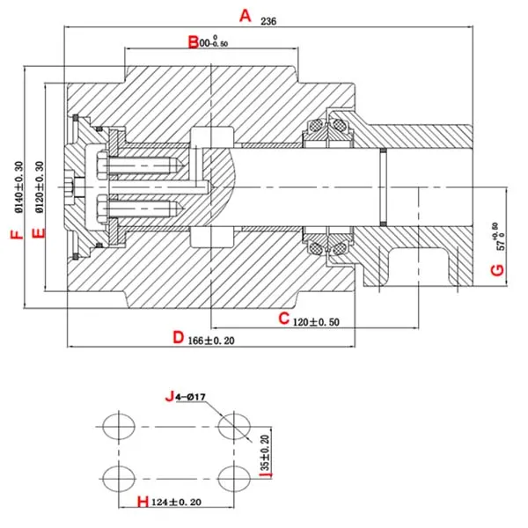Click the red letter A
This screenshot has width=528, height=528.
click(x=246, y=16)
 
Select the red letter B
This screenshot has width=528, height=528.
click(x=193, y=41)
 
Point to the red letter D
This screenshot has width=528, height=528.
click(x=178, y=337)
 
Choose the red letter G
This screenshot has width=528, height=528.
click(x=498, y=269)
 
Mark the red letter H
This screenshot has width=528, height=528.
click(x=139, y=502)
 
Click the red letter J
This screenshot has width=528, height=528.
click(x=169, y=397)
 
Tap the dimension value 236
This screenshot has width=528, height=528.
click(x=270, y=22)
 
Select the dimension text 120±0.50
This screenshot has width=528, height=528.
click(x=317, y=321)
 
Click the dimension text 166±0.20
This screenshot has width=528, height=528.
click(x=213, y=340)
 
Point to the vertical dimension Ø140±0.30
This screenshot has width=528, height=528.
click(x=19, y=187)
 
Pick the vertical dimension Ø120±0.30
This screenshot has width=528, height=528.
click(x=39, y=187)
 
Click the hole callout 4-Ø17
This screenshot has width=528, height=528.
click(x=191, y=398)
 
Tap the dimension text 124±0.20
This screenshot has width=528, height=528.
click(x=179, y=502)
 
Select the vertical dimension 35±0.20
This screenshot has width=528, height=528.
click(x=266, y=451)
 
